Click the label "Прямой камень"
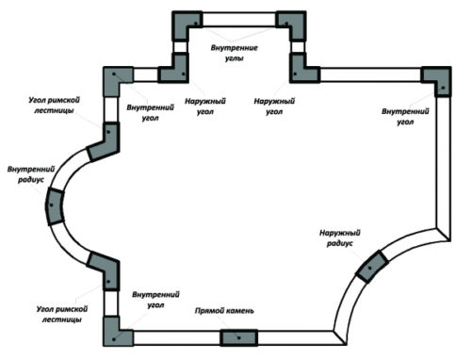coord(224,311)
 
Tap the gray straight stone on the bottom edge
coord(238,337)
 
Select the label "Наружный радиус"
coord(340,237)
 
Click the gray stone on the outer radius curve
coord(372,267)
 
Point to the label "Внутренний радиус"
coord(31,174)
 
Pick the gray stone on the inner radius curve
coord(55,206)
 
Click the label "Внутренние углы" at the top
coord(235,53)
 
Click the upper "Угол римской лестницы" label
coord(54,106)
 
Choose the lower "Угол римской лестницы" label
coord(62,314)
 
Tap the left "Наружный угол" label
coord(205,106)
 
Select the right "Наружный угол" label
coord(274,106)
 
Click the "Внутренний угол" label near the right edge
coord(405,117)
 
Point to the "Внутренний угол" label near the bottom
coord(155,300)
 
